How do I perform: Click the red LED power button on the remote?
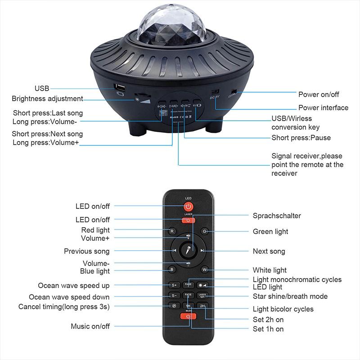coord(188,207)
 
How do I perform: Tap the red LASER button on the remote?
coord(188,220)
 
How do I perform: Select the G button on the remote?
coord(205,231)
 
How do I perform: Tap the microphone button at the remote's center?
coord(188,251)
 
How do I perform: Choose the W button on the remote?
coord(205,270)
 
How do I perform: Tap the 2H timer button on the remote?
coord(203,306)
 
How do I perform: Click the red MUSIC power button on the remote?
coord(188,316)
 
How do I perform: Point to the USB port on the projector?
coord(119,86)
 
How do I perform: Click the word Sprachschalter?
coord(277,216)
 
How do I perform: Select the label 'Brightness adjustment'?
coord(47,99)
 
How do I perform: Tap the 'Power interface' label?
coord(323,108)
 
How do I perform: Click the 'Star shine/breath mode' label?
coord(290,297)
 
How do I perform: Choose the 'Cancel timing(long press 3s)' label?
coord(64,306)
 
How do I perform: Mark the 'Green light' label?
coord(270,232)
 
